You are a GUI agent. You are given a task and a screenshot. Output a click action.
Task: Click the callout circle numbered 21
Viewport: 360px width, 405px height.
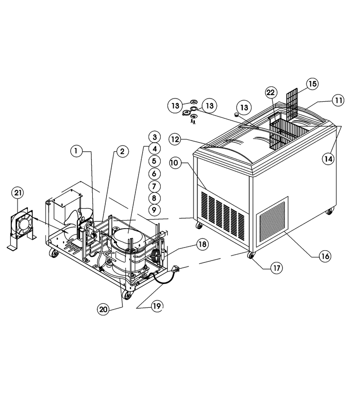point(18,193)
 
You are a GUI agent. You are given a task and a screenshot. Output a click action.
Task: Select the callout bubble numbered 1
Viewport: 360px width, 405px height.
point(76,151)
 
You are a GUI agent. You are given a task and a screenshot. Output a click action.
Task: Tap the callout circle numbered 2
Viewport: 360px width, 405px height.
point(122,151)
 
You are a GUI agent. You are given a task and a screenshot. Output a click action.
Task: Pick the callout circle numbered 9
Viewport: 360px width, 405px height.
point(154,209)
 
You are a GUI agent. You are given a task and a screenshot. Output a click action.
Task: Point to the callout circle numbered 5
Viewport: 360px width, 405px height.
point(154,161)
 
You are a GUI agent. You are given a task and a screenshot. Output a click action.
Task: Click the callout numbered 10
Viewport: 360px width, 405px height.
point(175,163)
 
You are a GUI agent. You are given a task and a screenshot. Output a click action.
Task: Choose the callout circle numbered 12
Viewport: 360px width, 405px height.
point(175,139)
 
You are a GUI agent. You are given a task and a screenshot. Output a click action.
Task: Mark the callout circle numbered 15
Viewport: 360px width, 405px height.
point(312,84)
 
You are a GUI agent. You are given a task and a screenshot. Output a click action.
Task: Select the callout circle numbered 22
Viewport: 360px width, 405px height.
point(271,92)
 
